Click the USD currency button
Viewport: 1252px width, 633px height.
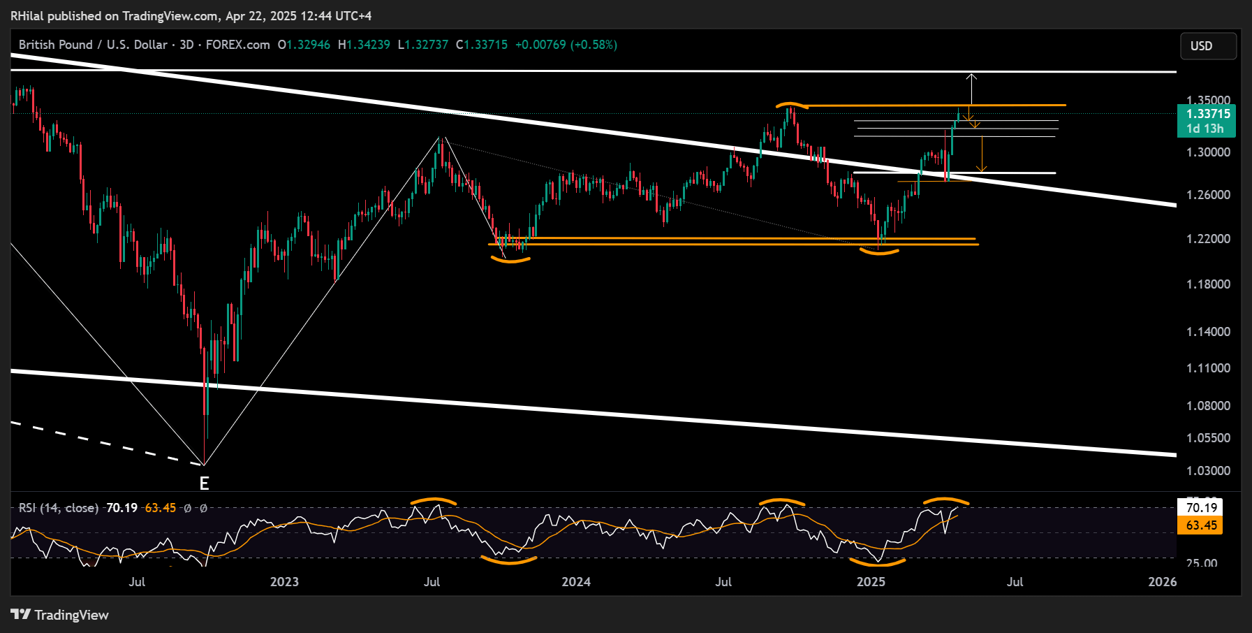point(1208,46)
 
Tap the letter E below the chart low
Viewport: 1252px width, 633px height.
point(204,483)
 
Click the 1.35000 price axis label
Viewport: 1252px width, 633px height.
point(1208,101)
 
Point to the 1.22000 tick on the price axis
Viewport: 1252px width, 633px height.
point(1208,239)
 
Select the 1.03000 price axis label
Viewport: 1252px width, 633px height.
point(1208,471)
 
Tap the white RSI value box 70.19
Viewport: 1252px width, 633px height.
point(1201,508)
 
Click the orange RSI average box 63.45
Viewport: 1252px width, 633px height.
point(1201,525)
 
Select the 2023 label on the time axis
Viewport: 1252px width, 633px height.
point(284,582)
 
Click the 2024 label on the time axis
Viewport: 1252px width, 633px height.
point(576,582)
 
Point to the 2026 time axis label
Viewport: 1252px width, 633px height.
point(1162,582)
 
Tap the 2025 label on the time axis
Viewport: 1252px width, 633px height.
point(871,582)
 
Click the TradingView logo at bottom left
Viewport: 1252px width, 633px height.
point(60,615)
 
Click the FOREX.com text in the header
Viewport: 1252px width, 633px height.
point(237,45)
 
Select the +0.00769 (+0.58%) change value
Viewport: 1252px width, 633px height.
point(566,45)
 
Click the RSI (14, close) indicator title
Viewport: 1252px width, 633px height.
point(59,508)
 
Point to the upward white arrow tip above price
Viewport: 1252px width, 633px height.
point(971,74)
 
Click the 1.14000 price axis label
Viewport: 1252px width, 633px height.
point(1208,332)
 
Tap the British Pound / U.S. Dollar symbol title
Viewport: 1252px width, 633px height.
point(93,45)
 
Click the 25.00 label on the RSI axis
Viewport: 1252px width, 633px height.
point(1201,563)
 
